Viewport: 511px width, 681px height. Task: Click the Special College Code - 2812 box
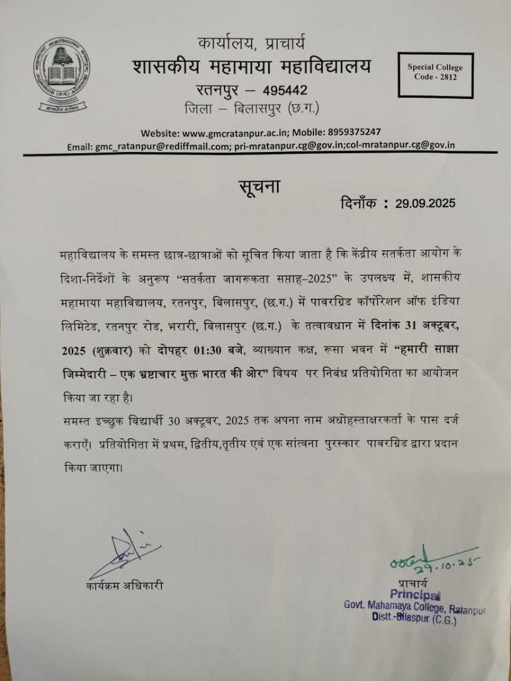435,72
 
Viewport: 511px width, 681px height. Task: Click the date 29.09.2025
425,203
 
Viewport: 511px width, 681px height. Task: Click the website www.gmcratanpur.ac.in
236,132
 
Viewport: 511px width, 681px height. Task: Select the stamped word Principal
415,595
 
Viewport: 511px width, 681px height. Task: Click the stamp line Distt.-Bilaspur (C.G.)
414,619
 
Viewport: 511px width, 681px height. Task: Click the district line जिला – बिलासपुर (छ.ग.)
252,108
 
